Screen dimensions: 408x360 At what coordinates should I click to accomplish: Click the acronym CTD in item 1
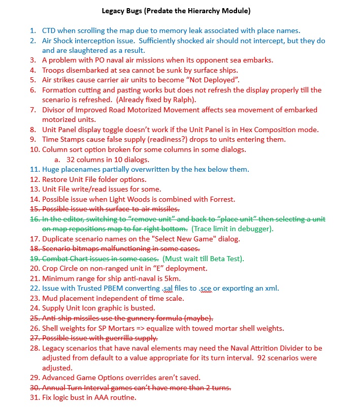[x=49, y=30]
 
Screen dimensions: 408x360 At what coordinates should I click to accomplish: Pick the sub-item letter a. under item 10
[x=57, y=159]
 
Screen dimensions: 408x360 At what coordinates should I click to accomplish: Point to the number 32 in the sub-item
[x=72, y=159]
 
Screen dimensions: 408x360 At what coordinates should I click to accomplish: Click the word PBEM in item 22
[x=113, y=289]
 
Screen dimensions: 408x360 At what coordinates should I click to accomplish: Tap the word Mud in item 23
[x=49, y=298]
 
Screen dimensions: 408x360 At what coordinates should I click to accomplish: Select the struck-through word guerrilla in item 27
[x=115, y=338]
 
